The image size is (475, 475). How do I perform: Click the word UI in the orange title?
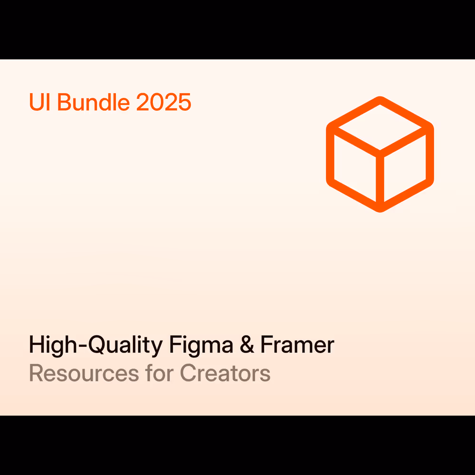click(x=40, y=102)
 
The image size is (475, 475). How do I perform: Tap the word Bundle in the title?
click(x=94, y=102)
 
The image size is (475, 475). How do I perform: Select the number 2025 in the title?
click(x=163, y=102)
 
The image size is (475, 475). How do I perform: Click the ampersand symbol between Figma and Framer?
click(x=247, y=344)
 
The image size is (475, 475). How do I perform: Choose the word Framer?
click(x=297, y=344)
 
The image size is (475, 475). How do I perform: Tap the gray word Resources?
click(x=84, y=373)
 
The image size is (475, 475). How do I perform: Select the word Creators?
click(x=225, y=373)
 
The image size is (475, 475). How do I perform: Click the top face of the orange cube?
click(x=380, y=127)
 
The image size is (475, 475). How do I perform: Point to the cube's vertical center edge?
click(x=380, y=180)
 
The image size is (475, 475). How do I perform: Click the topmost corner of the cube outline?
click(x=380, y=97)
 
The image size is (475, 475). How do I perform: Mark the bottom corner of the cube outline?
click(x=380, y=211)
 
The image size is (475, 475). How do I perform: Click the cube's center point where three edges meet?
click(x=380, y=154)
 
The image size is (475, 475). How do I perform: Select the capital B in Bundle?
click(x=64, y=102)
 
